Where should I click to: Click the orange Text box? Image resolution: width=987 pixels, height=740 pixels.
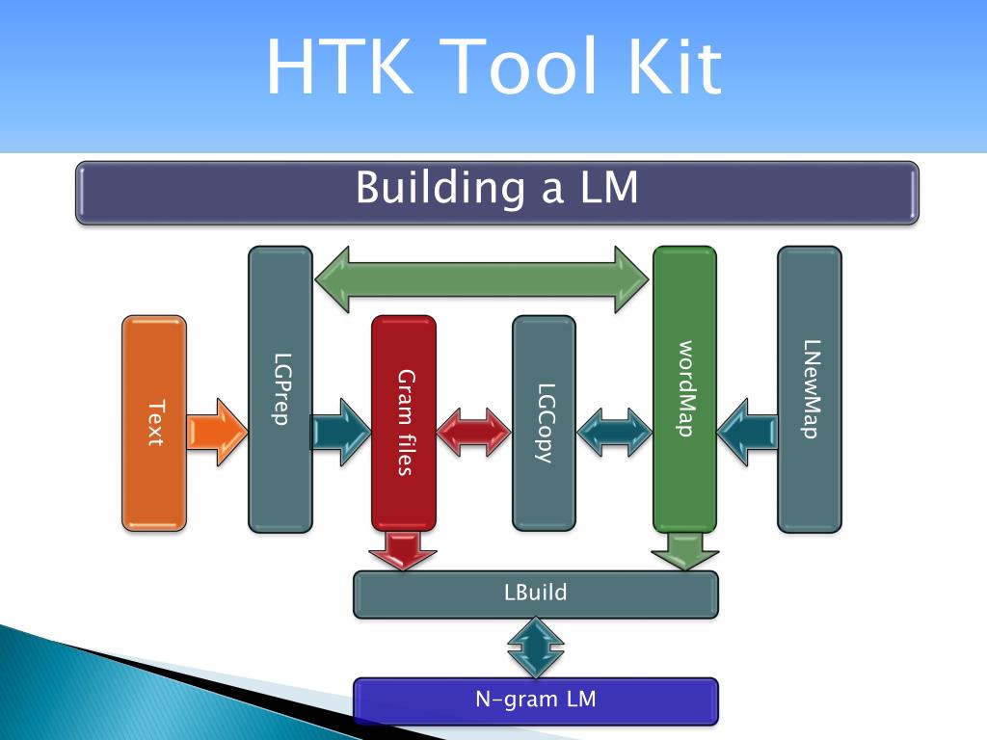tap(154, 423)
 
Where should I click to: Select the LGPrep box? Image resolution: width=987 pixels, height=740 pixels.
tap(280, 389)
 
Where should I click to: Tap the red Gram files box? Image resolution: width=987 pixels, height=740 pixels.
tap(404, 423)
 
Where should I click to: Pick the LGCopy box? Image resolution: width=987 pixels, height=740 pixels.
tap(544, 423)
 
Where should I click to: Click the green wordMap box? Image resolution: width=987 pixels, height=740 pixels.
tap(685, 389)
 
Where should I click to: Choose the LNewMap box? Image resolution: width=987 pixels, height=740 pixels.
tap(810, 389)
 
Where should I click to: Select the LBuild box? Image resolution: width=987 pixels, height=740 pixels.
tap(536, 594)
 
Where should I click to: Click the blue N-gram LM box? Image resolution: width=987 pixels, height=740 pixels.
tap(536, 700)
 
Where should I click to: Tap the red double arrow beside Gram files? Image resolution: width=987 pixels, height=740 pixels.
tap(473, 431)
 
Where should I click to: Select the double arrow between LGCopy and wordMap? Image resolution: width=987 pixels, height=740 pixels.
tap(614, 431)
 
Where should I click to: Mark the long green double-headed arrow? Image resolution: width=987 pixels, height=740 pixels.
tap(483, 279)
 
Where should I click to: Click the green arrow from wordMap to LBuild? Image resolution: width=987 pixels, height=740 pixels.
tap(684, 550)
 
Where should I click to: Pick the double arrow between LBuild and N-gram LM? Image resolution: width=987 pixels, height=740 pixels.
tap(536, 647)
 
